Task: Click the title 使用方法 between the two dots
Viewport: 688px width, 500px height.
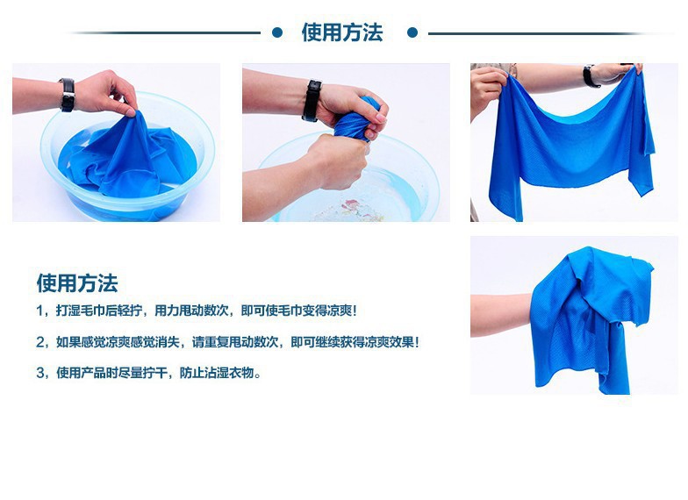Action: pos(342,33)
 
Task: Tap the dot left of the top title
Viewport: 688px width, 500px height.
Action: pos(277,33)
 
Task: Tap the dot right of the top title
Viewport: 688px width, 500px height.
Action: pos(412,33)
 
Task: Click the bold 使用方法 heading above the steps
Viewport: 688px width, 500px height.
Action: pos(76,282)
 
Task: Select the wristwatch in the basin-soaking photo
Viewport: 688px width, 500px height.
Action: pos(67,95)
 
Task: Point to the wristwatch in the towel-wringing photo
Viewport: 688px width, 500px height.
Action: pos(311,100)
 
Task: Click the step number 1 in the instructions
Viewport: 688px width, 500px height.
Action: pos(40,311)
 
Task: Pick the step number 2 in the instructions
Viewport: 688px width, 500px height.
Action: pos(40,342)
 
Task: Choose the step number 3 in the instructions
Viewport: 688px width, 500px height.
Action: pos(40,373)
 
